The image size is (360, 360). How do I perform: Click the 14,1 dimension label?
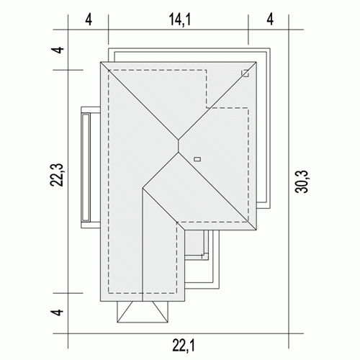[x=180, y=19]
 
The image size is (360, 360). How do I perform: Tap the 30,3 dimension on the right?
[x=301, y=181]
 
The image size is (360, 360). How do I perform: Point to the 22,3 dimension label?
[x=57, y=175]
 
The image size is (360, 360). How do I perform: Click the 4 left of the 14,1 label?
[x=89, y=19]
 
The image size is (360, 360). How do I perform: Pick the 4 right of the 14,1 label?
[x=270, y=19]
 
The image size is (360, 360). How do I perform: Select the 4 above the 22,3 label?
[x=58, y=50]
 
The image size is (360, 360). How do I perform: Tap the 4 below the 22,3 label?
[x=58, y=312]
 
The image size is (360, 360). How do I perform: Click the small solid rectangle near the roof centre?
[x=197, y=159]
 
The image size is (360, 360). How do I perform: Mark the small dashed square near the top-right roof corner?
[x=245, y=73]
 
